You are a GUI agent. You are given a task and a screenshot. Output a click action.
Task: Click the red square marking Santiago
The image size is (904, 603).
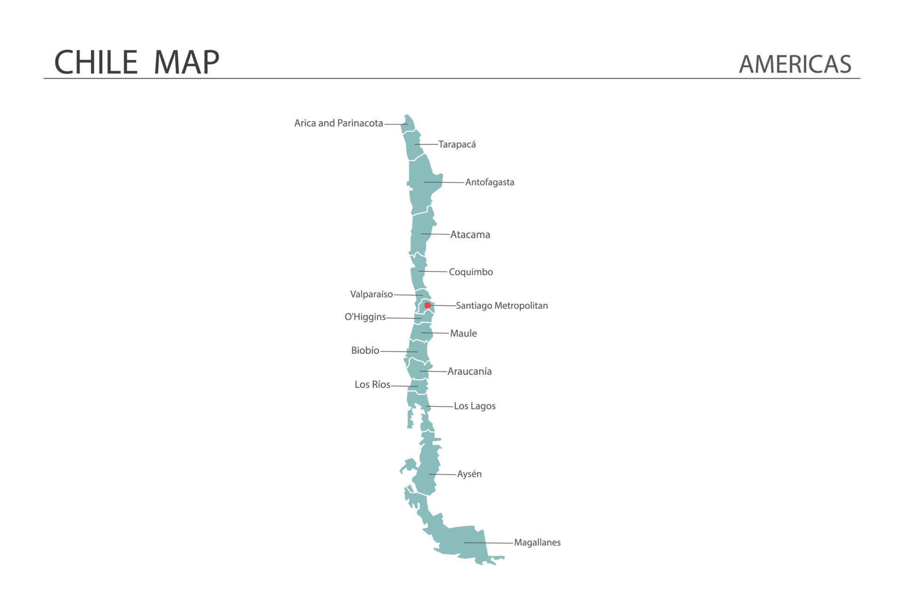click(x=428, y=305)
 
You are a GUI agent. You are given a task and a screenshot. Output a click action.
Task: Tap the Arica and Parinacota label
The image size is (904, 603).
click(x=339, y=123)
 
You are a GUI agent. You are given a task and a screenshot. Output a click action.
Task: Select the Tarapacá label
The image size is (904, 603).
click(x=457, y=145)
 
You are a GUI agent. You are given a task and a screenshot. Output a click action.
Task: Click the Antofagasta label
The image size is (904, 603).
click(x=490, y=182)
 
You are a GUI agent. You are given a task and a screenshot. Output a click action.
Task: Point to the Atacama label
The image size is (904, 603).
click(x=470, y=235)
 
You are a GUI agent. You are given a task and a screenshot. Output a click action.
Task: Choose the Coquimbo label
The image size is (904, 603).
click(x=471, y=272)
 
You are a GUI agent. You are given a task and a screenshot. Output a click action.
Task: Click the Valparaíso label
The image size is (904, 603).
click(x=371, y=294)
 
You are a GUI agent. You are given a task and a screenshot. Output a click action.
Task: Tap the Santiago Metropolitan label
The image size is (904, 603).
click(x=502, y=306)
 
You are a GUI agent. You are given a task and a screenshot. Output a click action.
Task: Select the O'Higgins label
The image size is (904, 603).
click(x=365, y=317)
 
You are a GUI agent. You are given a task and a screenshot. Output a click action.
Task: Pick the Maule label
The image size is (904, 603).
click(x=463, y=334)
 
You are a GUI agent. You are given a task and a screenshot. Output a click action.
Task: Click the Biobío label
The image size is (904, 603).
click(x=365, y=350)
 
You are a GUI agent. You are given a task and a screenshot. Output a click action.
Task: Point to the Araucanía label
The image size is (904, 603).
click(x=469, y=372)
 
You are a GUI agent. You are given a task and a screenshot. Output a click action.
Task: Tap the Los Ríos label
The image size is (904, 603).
click(x=372, y=385)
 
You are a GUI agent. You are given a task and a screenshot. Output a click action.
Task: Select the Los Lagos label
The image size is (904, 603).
click(x=475, y=406)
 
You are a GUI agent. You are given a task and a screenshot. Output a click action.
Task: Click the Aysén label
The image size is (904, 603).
click(x=469, y=474)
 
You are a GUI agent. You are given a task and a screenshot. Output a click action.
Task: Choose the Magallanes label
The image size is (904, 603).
click(x=537, y=543)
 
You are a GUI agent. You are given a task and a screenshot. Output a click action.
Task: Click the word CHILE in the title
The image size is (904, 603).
click(x=96, y=62)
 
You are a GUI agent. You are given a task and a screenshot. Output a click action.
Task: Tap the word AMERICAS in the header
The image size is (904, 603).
click(x=795, y=65)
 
